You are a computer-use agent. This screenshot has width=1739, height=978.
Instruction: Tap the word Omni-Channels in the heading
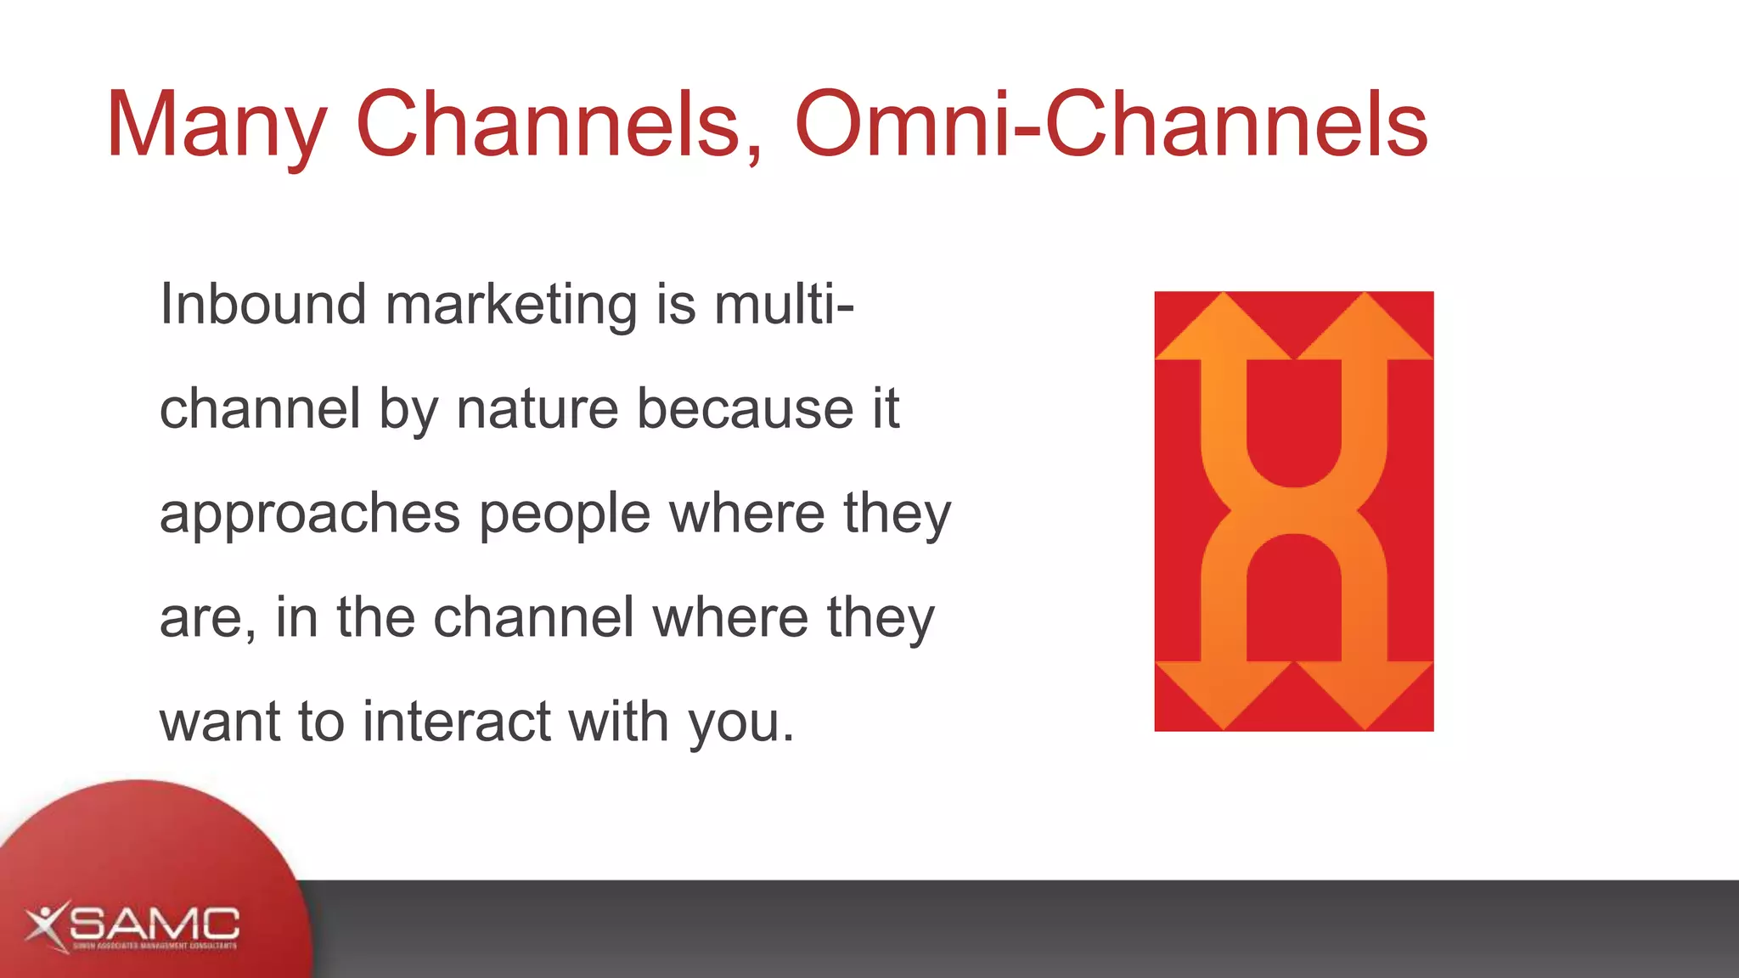tap(1111, 125)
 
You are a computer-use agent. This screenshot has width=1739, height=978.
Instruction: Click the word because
tap(745, 409)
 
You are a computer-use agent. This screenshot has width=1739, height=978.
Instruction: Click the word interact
tap(457, 722)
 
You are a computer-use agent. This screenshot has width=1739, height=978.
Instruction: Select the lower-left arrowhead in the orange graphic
tap(1223, 692)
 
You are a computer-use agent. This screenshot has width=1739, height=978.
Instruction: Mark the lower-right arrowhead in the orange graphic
tap(1365, 692)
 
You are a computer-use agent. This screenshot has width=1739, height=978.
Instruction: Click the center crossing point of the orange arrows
tap(1293, 511)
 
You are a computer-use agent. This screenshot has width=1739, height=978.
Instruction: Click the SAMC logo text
tap(155, 923)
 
